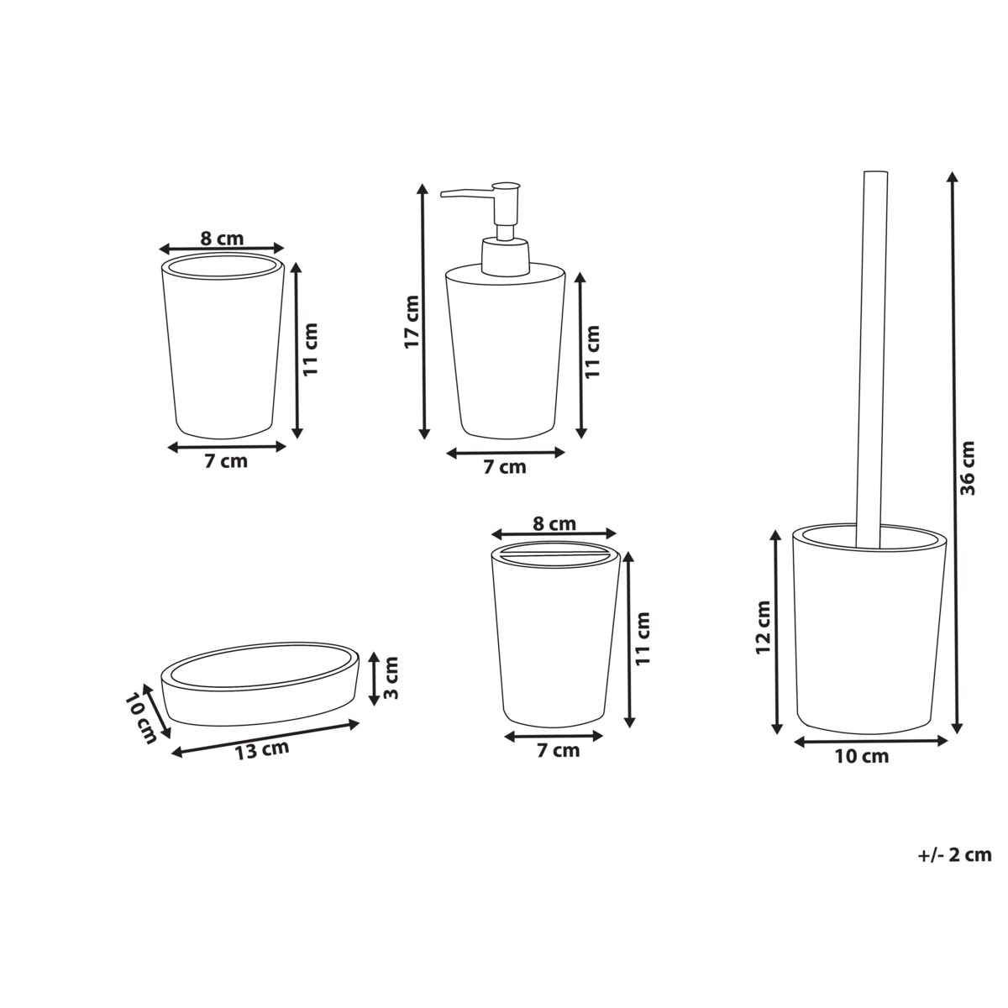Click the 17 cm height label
pyautogui.click(x=412, y=321)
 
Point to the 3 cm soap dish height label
pyautogui.click(x=391, y=677)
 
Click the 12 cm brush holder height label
pyautogui.click(x=764, y=627)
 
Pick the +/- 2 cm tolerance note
pyautogui.click(x=954, y=854)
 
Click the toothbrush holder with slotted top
pyautogui.click(x=555, y=634)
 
